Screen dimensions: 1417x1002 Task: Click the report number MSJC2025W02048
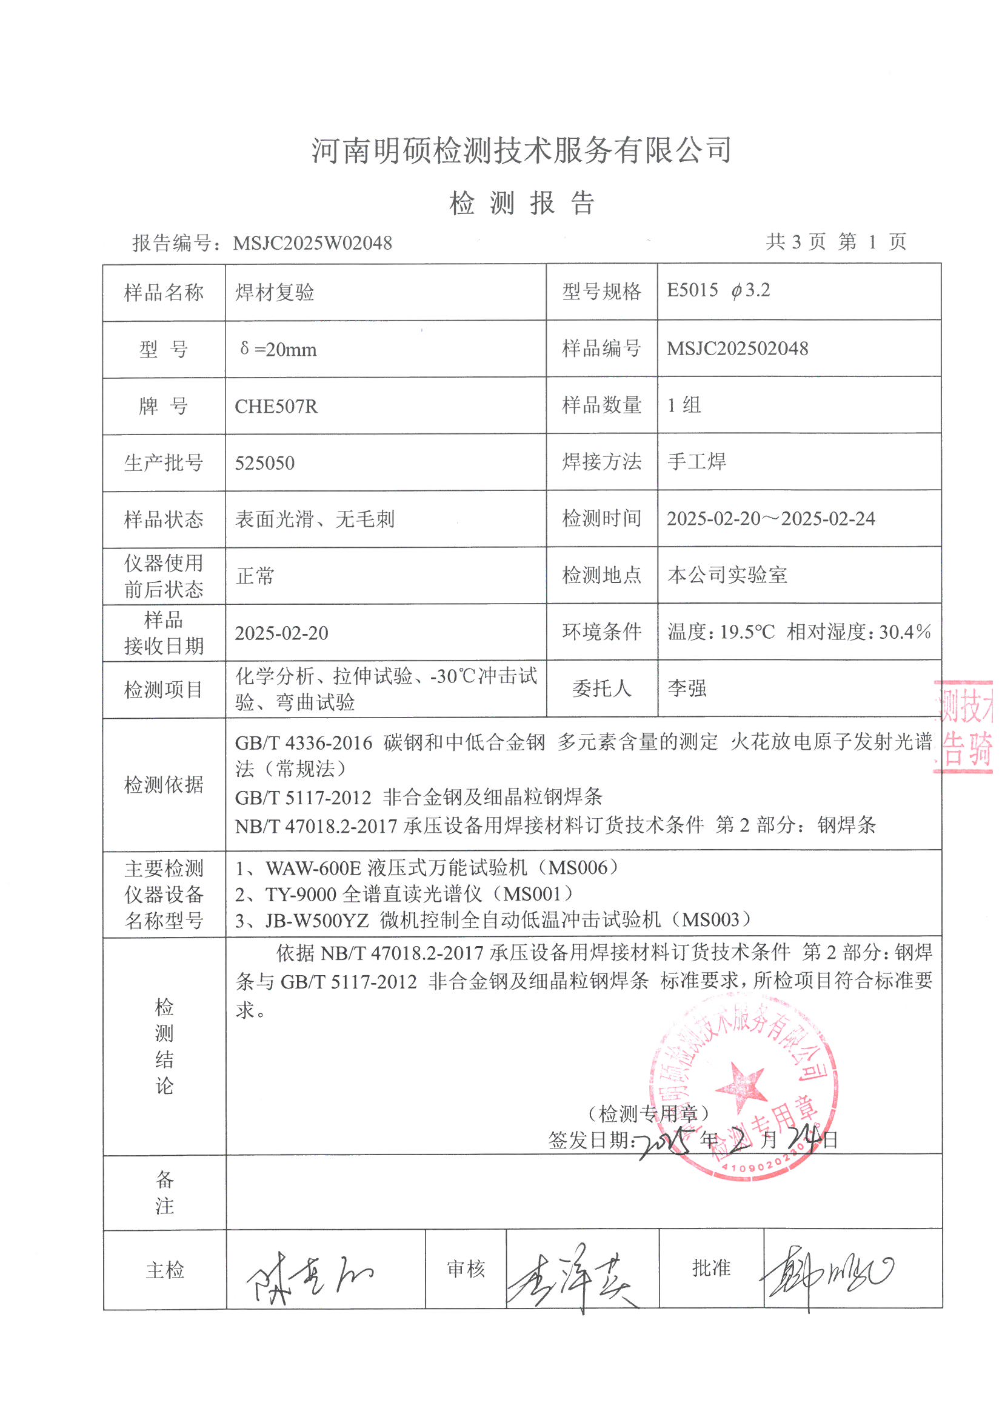click(x=312, y=243)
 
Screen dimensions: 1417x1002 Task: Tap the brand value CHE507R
click(x=276, y=407)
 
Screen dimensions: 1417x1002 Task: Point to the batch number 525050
click(x=265, y=463)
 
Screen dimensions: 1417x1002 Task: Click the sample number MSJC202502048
click(x=737, y=348)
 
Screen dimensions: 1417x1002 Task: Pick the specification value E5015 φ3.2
click(x=718, y=291)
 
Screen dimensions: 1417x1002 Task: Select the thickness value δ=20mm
click(x=278, y=350)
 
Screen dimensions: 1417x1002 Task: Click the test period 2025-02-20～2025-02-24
click(x=770, y=518)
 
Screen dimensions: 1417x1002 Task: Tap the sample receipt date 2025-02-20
click(x=281, y=633)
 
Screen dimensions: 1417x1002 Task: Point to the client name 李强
click(x=687, y=688)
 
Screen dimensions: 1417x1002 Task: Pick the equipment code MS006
click(x=578, y=869)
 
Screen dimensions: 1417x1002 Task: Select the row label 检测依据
click(x=164, y=785)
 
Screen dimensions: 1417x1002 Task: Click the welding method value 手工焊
click(x=696, y=462)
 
